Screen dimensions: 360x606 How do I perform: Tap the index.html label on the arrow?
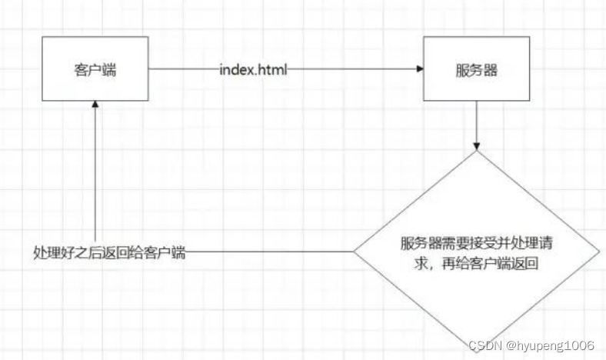(254, 69)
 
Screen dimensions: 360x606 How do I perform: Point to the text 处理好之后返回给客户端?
(109, 252)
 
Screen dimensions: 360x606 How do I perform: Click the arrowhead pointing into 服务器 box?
(419, 69)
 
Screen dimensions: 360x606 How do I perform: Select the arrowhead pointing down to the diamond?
(477, 145)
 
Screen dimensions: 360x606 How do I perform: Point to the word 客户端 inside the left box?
(95, 69)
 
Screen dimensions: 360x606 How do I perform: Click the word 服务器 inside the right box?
(476, 69)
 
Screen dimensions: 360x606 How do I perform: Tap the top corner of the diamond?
(477, 152)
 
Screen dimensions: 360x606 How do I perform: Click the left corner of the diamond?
(355, 252)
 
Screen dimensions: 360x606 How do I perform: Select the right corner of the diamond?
(598, 252)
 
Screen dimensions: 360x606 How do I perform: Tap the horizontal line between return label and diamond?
(269, 252)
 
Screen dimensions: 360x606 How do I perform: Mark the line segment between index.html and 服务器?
(354, 69)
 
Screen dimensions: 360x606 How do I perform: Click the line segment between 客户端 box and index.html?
(183, 69)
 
